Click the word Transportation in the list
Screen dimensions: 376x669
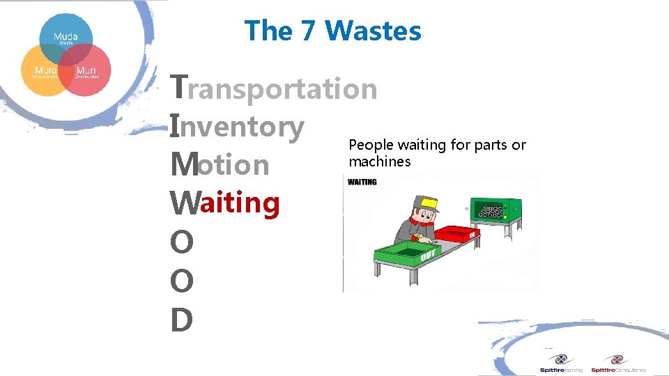point(275,89)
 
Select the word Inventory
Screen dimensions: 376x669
point(238,127)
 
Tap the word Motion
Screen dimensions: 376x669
point(220,165)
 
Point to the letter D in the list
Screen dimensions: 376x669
point(180,320)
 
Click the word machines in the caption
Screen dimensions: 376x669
point(380,162)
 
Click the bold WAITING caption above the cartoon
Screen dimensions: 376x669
point(362,182)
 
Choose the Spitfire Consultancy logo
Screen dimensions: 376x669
point(618,363)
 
